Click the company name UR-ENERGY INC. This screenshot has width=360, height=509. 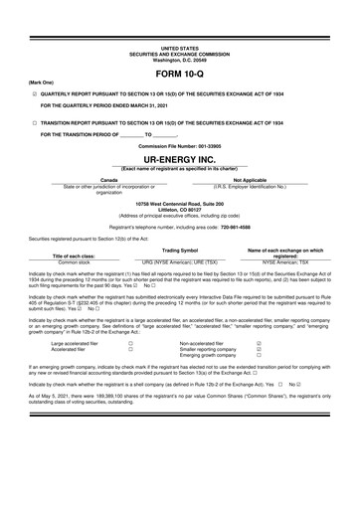tap(179, 158)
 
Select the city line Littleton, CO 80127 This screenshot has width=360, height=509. tap(179, 208)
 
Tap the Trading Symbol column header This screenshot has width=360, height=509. tap(180, 251)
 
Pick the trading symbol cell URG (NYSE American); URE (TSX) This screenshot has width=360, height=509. tap(181, 262)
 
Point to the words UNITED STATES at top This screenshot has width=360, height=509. tap(179, 48)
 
